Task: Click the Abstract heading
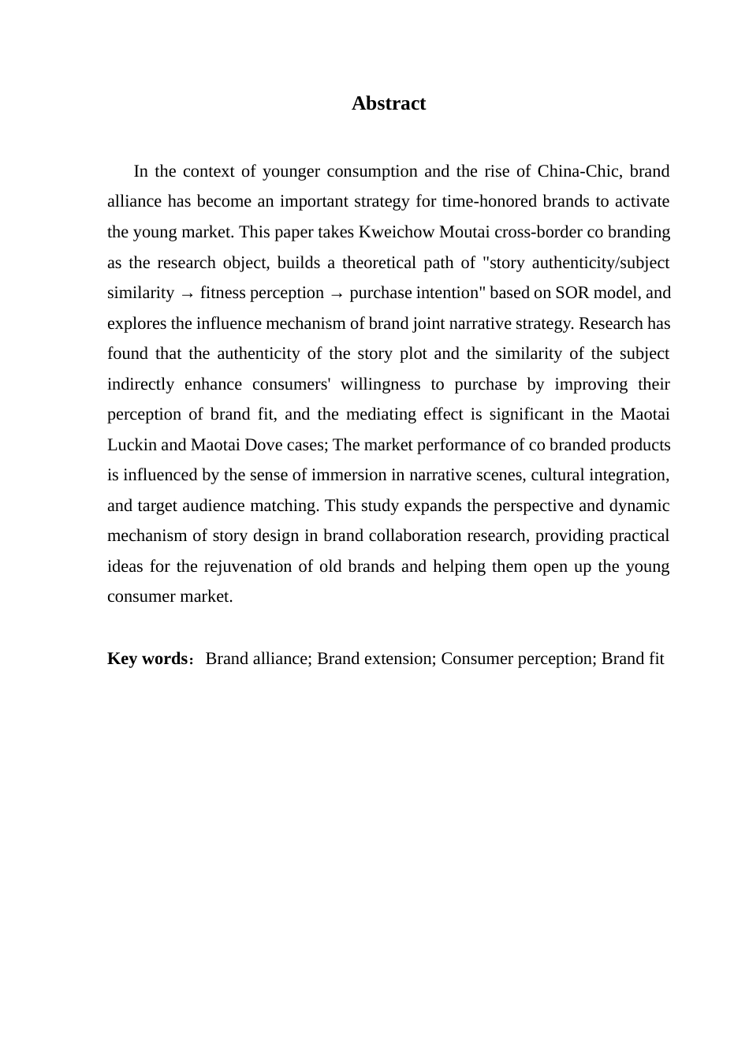point(388,103)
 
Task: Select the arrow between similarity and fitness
point(187,293)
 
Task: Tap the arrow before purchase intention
point(337,293)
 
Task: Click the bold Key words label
point(147,659)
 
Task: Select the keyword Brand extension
point(375,659)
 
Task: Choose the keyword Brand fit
point(632,659)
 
